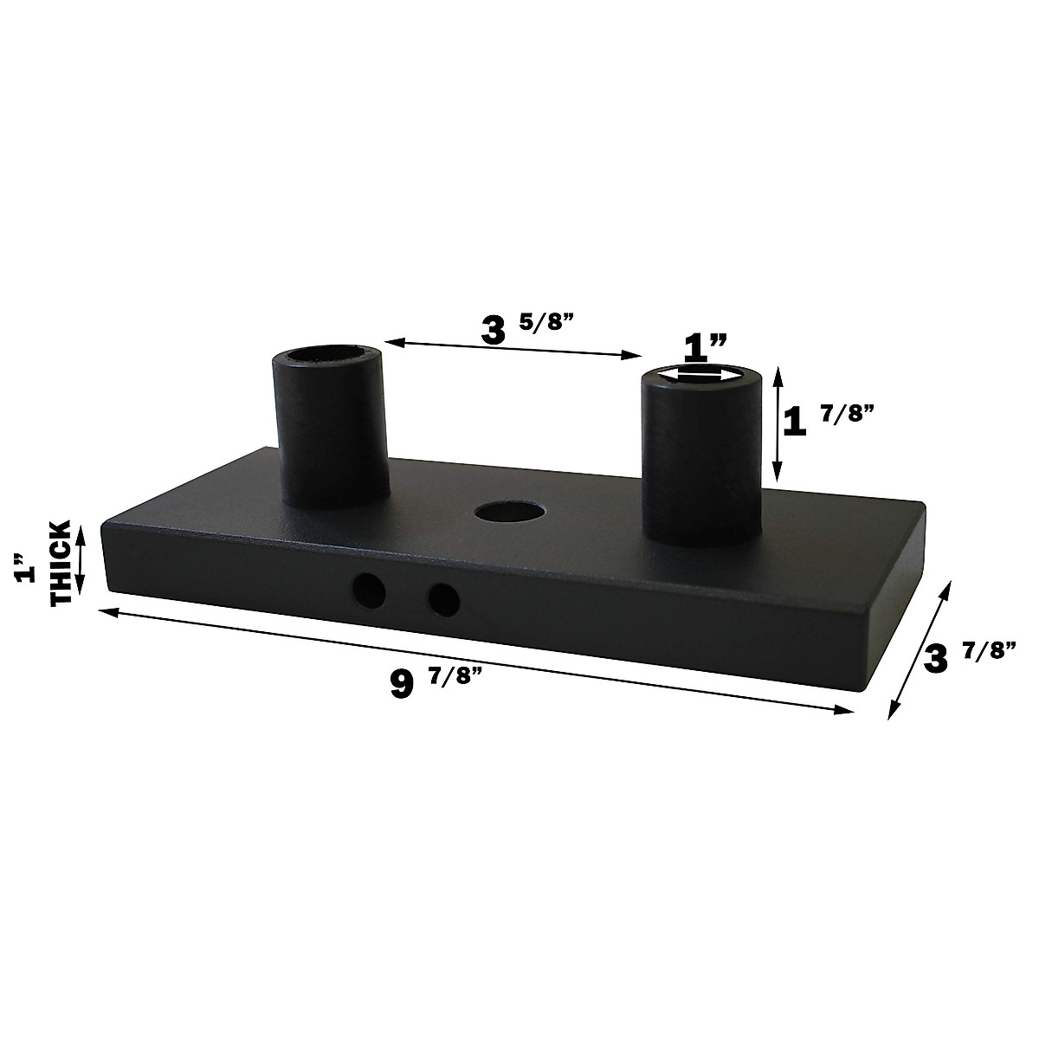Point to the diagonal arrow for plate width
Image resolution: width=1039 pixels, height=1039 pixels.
[919, 649]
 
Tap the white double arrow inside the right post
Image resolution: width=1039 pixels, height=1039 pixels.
[701, 374]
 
